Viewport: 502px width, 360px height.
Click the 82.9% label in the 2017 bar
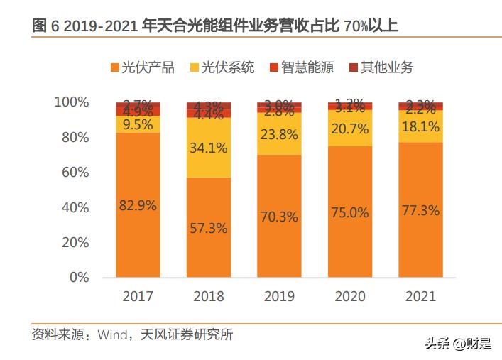pyautogui.click(x=139, y=205)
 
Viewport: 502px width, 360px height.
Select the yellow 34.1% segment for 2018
pyautogui.click(x=209, y=148)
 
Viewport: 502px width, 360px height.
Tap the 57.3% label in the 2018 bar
pyautogui.click(x=209, y=228)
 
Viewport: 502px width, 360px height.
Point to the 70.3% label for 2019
pyautogui.click(x=279, y=217)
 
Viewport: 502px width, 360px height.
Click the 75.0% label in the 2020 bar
pyautogui.click(x=349, y=212)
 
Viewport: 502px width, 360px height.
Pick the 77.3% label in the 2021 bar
pyautogui.click(x=420, y=210)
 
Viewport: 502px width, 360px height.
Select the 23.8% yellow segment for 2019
pyautogui.click(x=279, y=134)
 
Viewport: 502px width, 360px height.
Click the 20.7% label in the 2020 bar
pyautogui.click(x=349, y=129)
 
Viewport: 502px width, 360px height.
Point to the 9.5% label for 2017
pyautogui.click(x=139, y=124)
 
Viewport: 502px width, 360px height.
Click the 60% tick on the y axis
pyautogui.click(x=74, y=172)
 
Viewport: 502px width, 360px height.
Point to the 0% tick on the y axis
pyautogui.click(x=79, y=277)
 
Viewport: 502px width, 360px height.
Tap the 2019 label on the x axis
pyautogui.click(x=279, y=296)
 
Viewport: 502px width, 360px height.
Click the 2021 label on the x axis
pyautogui.click(x=420, y=296)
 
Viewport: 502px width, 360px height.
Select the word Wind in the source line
pyautogui.click(x=111, y=334)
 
